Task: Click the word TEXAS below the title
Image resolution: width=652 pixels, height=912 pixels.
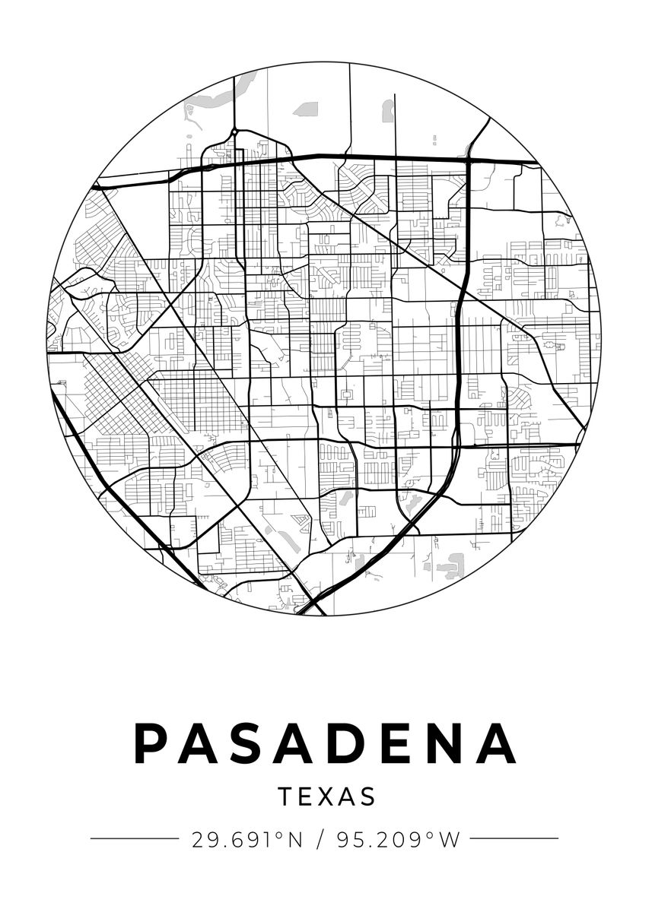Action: pos(326,796)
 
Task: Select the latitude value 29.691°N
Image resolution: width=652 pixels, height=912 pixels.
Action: pos(246,840)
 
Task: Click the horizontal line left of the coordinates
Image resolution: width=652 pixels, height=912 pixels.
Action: pos(134,839)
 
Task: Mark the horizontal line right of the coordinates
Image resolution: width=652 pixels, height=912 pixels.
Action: pos(514,839)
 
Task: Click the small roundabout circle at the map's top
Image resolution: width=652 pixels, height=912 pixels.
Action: pos(235,132)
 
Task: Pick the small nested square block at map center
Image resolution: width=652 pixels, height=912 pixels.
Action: pos(347,395)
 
